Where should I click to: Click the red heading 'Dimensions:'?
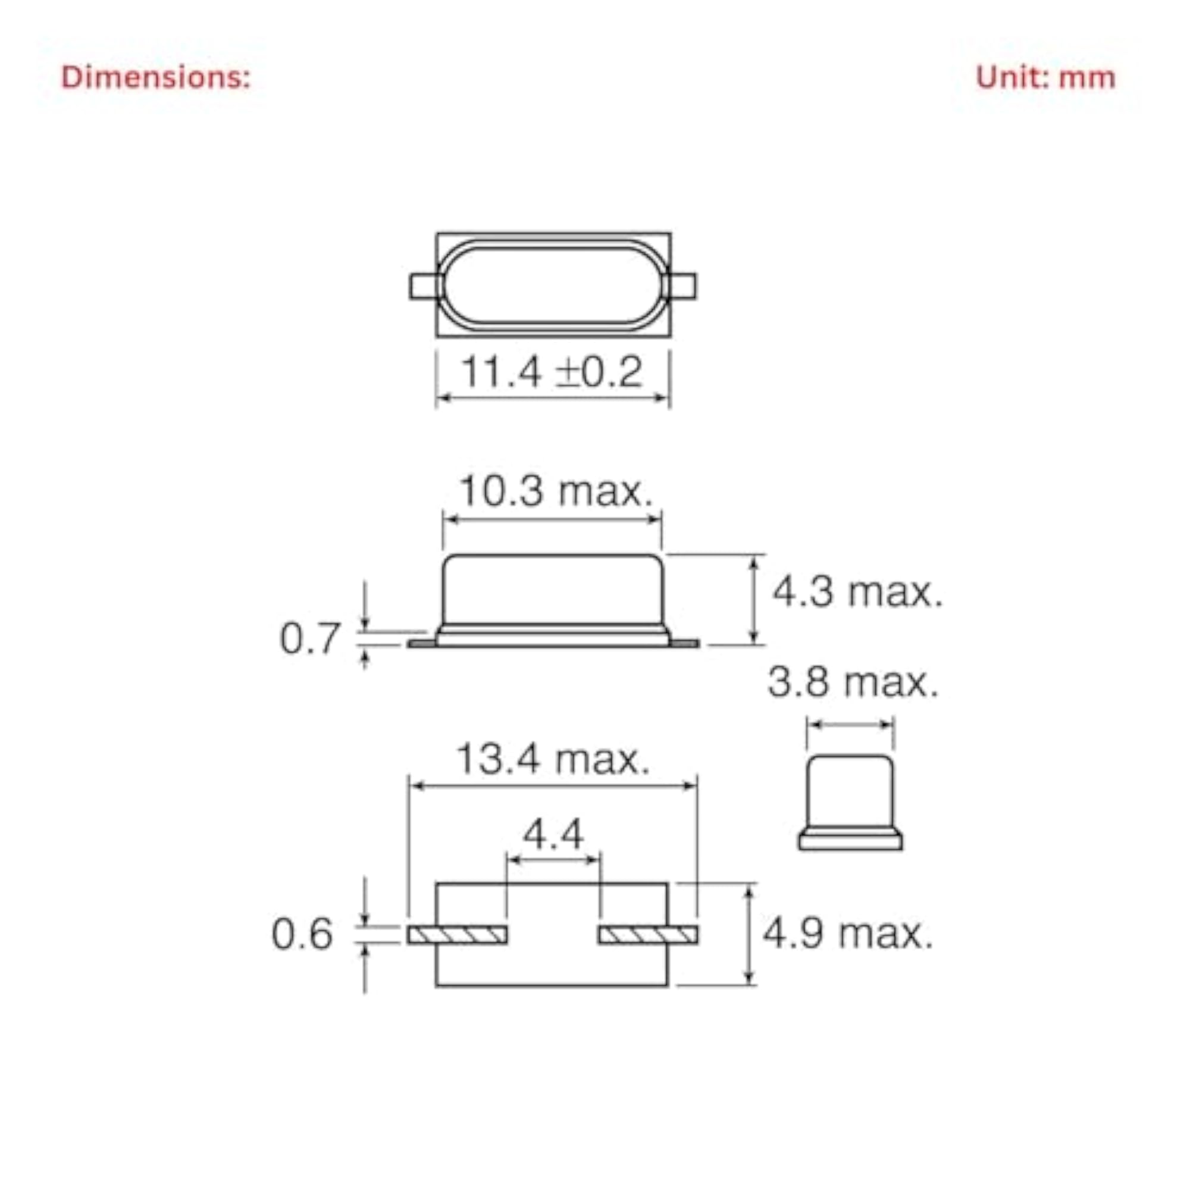(156, 77)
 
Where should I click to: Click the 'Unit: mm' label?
(1045, 77)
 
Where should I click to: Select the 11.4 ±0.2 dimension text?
(552, 371)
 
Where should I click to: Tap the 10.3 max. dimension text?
(555, 491)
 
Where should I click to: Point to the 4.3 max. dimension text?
(857, 592)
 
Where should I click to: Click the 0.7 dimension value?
(309, 638)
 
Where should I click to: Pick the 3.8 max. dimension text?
(853, 682)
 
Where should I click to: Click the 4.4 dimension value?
(553, 835)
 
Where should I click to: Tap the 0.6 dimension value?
(302, 934)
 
